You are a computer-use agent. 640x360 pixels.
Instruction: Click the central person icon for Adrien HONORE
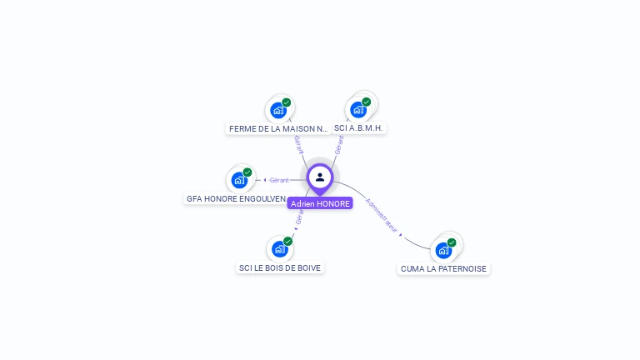pos(320,177)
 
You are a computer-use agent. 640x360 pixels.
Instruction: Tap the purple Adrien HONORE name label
pos(320,203)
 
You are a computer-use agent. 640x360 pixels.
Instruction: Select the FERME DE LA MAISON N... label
pos(278,129)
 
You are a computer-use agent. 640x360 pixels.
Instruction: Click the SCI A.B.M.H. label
pos(358,128)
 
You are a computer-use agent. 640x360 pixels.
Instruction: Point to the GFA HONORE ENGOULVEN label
pos(236,199)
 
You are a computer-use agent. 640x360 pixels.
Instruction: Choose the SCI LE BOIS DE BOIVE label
pos(280,268)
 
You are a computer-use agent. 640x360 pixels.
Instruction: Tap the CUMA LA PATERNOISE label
pos(443,269)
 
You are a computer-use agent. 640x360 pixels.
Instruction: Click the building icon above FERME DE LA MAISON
pos(278,109)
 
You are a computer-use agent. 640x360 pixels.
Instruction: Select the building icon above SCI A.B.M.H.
pos(358,109)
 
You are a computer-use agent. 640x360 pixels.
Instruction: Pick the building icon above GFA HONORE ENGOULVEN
pos(239,180)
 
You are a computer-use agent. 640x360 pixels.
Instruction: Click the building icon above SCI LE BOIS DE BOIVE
pos(279,248)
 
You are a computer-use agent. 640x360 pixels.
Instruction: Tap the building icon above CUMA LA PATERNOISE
pos(443,250)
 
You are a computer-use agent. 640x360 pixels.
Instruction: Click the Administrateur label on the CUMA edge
pos(382,214)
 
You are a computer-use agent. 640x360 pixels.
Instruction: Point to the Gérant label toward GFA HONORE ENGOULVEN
pos(278,180)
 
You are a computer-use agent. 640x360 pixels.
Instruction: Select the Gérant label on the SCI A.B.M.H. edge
pos(339,145)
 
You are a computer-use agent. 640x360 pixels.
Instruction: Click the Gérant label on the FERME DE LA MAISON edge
pos(297,144)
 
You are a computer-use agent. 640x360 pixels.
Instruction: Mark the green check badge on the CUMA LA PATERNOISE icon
pos(452,242)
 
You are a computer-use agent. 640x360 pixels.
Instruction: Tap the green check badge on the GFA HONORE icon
pos(247,172)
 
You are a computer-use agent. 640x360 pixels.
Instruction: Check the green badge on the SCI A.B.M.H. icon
pos(367,102)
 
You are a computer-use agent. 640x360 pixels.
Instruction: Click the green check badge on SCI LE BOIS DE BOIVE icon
pos(287,241)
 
